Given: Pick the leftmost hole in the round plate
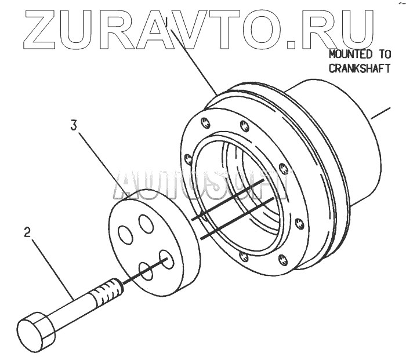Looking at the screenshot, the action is point(125,235).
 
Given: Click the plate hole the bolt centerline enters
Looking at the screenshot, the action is point(167,259).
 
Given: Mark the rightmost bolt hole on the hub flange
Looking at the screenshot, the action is point(299,223).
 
